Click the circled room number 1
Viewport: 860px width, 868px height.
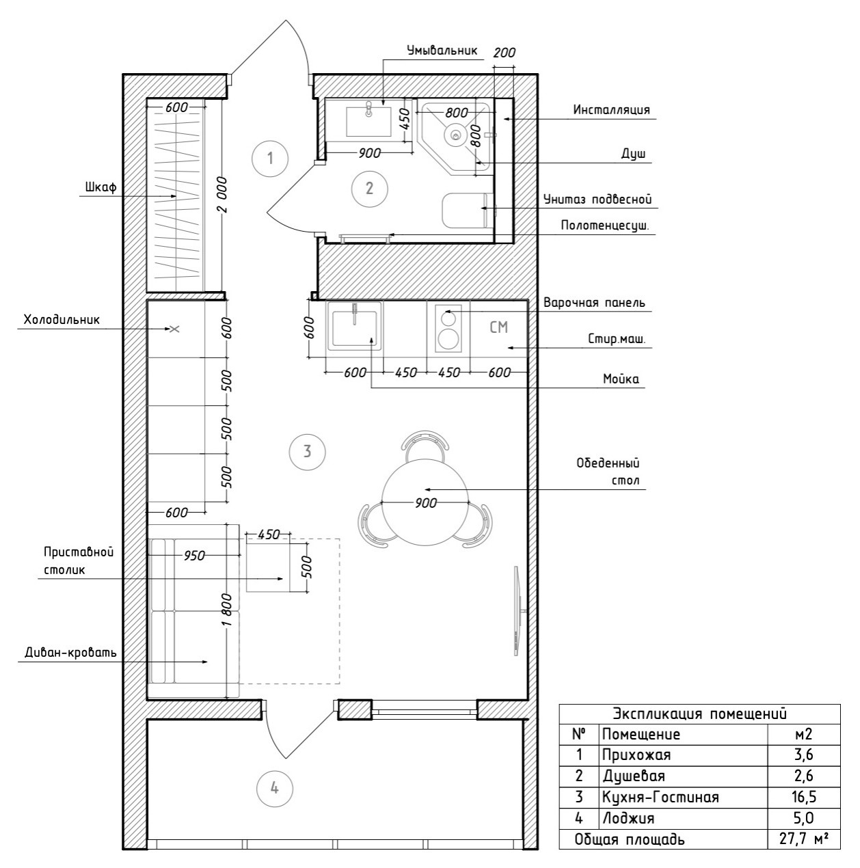coord(270,159)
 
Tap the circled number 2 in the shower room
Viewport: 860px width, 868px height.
coord(369,188)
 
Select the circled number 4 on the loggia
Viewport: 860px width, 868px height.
coord(274,788)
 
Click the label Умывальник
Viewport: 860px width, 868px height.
coord(441,51)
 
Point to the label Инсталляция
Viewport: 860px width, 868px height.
coord(611,109)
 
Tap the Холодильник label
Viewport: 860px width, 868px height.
coord(62,319)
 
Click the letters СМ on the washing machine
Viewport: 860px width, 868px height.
coord(499,327)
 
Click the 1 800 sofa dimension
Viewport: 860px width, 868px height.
coord(231,610)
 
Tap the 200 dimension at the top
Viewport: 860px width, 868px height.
coord(504,53)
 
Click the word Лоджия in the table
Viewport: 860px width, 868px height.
coord(628,818)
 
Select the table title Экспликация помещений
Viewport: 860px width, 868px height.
coord(699,714)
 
